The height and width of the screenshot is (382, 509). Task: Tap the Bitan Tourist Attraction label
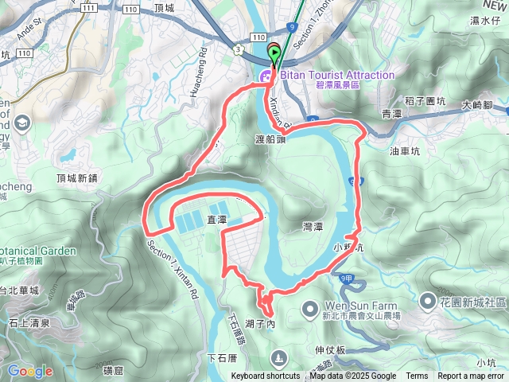pos(336,76)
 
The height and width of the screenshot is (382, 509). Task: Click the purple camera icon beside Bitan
pos(264,76)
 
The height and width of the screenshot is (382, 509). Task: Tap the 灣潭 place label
pos(313,227)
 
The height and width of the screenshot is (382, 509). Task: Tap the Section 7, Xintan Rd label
pos(172,271)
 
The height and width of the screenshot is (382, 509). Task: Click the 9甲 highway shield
pos(345,279)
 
